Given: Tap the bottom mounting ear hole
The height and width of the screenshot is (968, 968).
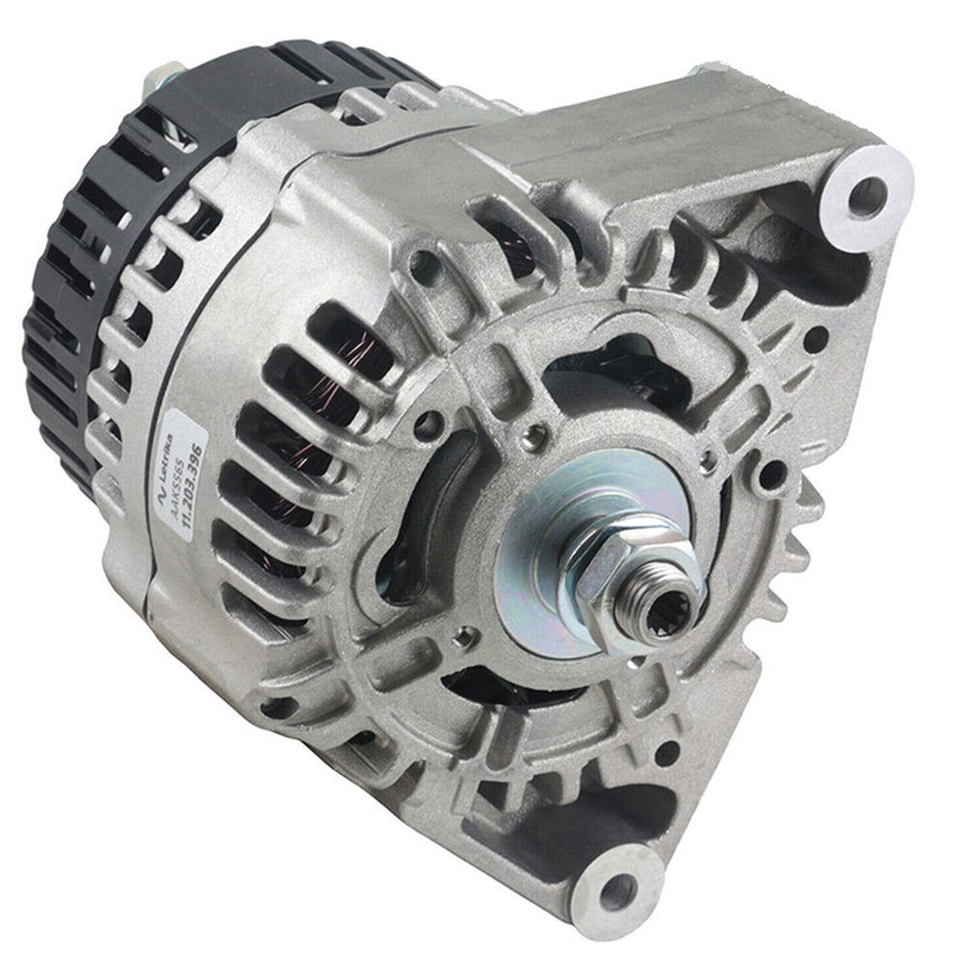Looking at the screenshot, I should click(617, 891).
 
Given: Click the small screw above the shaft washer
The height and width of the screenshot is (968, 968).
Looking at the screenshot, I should click(529, 438).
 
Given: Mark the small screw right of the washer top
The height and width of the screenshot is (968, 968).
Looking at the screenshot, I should click(710, 460).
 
